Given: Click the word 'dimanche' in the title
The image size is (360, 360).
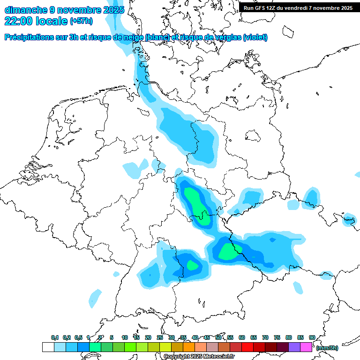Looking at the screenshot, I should (24, 9).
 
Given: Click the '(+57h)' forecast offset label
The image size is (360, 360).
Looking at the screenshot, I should (81, 21).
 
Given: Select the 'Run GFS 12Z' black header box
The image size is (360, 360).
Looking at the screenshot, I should (298, 7).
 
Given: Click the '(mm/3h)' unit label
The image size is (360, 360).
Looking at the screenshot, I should (327, 348).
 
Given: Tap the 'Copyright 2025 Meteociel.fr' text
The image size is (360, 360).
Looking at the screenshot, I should (199, 357).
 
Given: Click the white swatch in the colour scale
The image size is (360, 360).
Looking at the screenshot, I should (48, 347).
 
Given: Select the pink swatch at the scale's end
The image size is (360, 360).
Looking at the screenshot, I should (306, 347).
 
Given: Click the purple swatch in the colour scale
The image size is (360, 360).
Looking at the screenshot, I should (294, 347).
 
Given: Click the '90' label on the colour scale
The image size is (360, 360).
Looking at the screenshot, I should (312, 337).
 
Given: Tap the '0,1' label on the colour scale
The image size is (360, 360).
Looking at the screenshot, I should (54, 337).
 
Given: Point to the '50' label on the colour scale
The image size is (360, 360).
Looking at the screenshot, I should (218, 337).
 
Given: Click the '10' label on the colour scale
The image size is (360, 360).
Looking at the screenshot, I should (125, 337).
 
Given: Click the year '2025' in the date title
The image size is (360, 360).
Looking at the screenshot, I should (113, 9).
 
